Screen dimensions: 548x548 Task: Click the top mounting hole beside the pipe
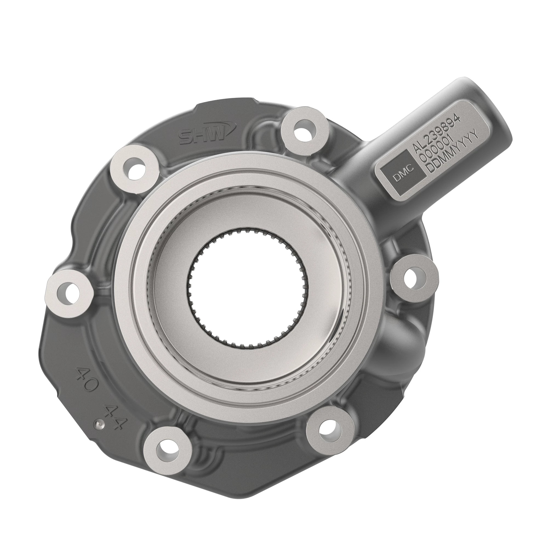coord(305,129)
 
